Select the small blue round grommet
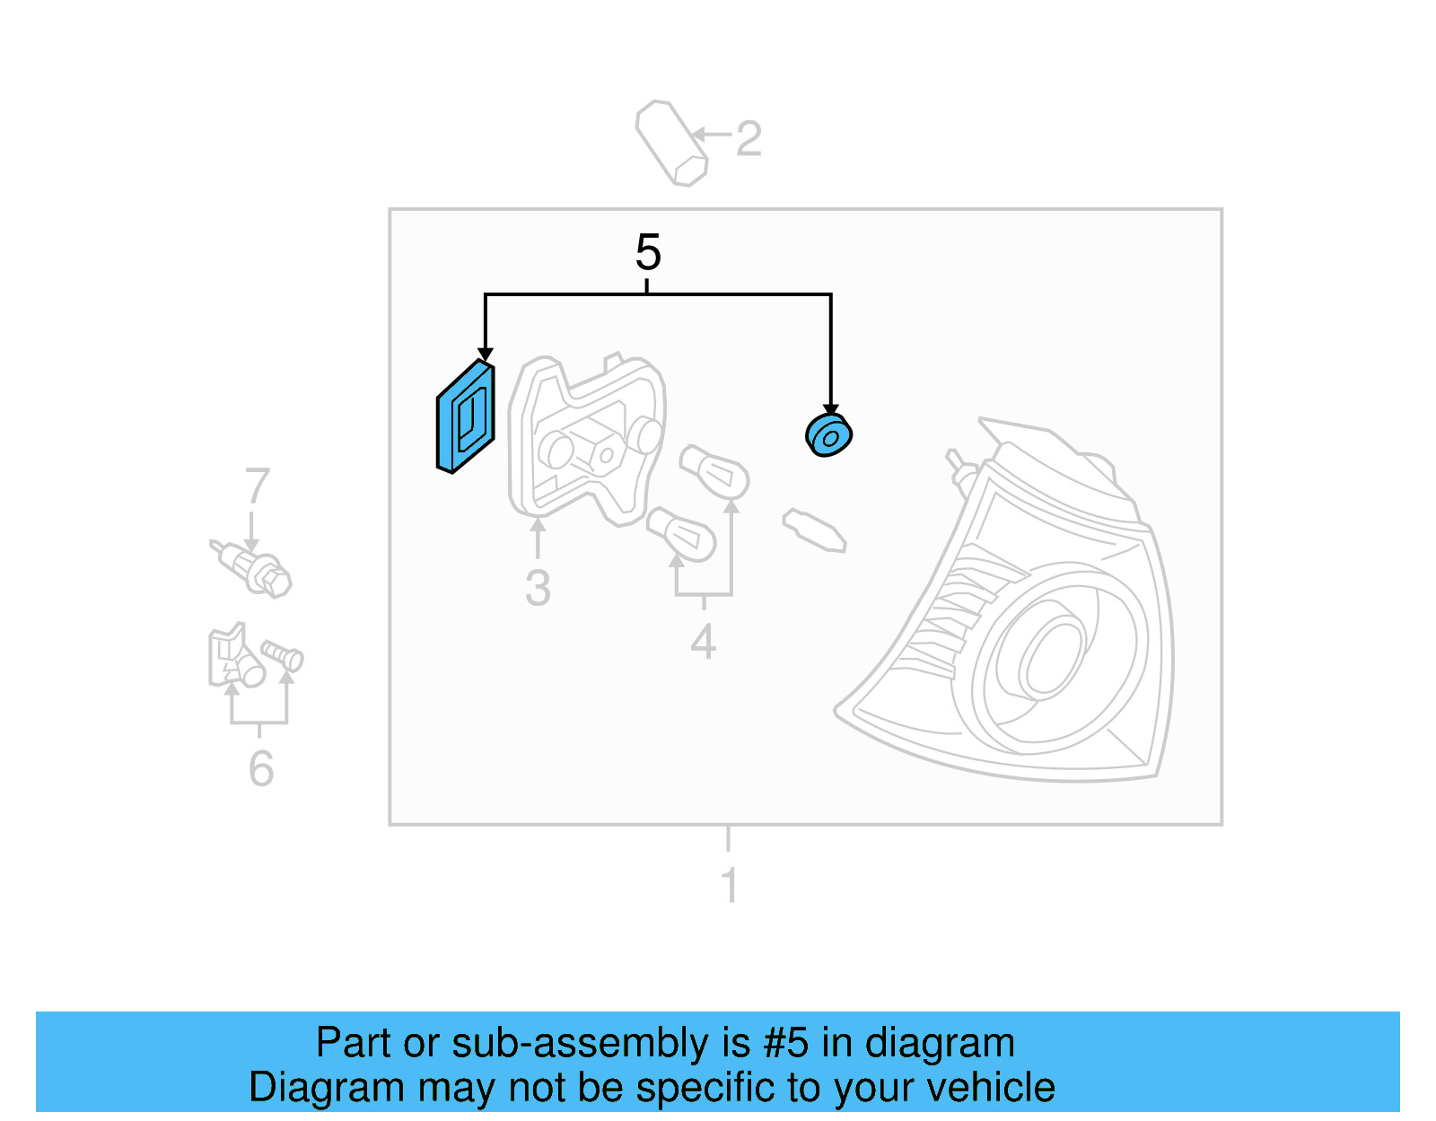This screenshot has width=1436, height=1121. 828,435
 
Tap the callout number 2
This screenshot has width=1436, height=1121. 749,139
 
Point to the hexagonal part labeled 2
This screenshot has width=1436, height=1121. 671,144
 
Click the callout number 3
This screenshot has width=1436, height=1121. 538,589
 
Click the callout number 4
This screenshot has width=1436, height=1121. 703,642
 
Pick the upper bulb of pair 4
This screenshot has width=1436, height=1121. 715,471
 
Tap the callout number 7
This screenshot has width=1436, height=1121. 257,486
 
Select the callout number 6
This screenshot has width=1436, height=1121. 260,768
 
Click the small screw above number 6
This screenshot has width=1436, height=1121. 283,656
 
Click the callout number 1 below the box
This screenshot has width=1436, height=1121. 730,884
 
